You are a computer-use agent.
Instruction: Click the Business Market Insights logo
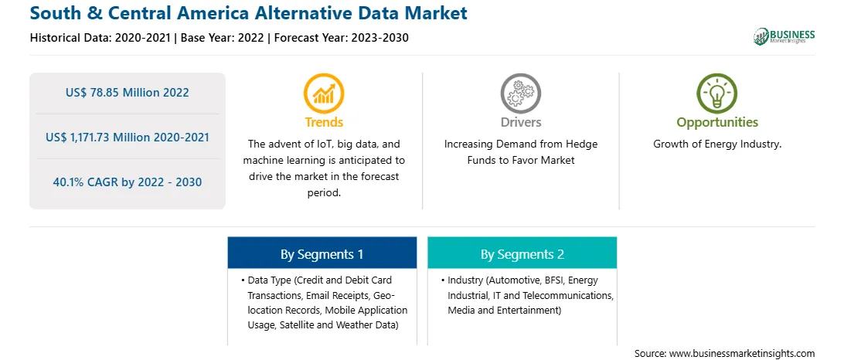[784, 36]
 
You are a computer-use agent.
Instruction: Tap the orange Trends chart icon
[324, 93]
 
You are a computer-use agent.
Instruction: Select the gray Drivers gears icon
[520, 93]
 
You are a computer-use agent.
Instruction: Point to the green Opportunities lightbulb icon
[717, 93]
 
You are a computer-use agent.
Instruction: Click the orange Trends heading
[324, 122]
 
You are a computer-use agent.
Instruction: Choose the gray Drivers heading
[520, 122]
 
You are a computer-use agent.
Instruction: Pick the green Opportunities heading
[717, 123]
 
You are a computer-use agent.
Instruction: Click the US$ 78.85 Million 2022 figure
[127, 93]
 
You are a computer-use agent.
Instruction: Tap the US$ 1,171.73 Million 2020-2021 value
[127, 138]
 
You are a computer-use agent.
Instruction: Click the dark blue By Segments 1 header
[322, 253]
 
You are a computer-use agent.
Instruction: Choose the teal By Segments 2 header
[522, 253]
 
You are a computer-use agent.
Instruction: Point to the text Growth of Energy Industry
[717, 144]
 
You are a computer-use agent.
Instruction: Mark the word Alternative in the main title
[298, 13]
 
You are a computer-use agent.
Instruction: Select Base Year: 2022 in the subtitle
[223, 38]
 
